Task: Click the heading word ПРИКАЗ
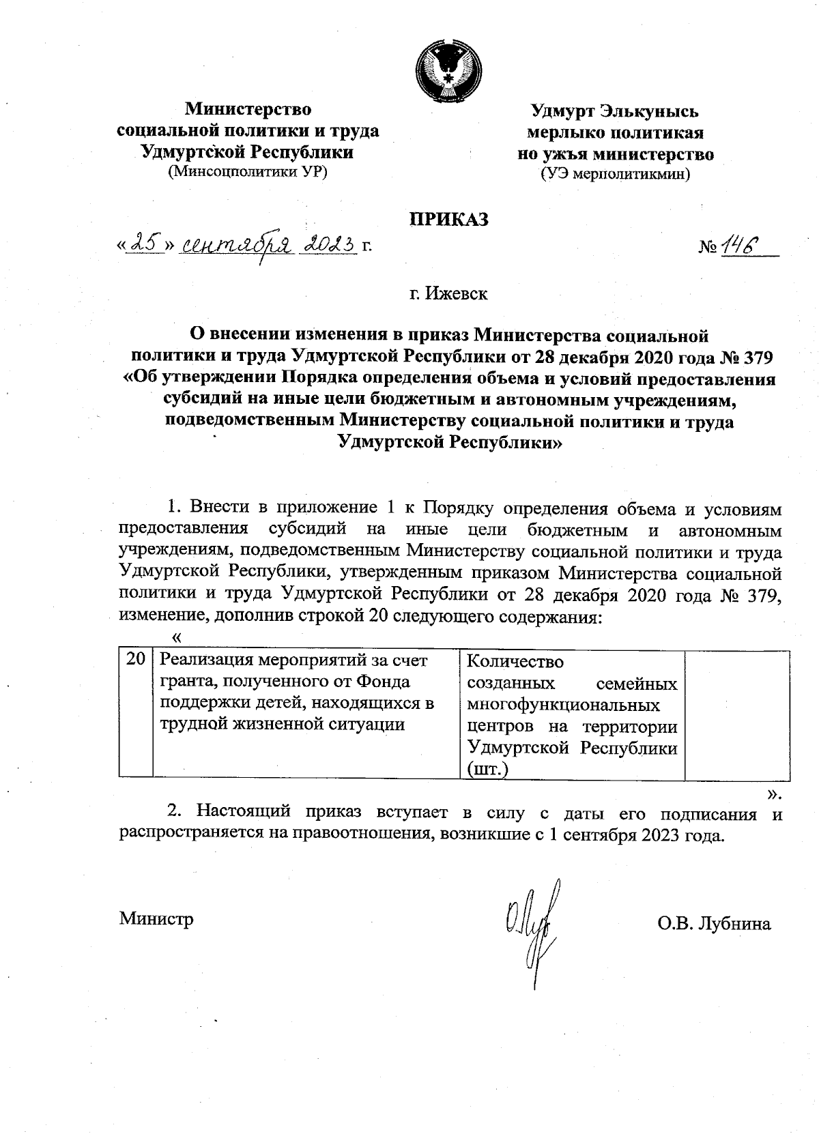[x=448, y=219]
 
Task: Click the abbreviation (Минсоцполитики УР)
[x=248, y=172]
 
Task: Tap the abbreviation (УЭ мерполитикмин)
[x=615, y=174]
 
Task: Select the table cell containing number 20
[x=136, y=660]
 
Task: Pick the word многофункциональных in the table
[x=563, y=704]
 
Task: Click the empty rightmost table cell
[x=736, y=712]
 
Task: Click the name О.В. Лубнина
[x=714, y=924]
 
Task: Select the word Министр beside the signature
[x=156, y=918]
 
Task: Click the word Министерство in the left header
[x=249, y=109]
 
